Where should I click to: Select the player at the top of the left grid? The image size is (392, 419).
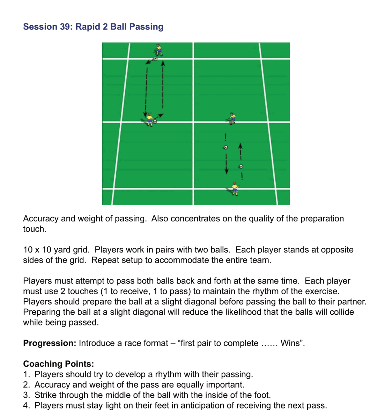pyautogui.click(x=159, y=50)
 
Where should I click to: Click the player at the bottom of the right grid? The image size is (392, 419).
pyautogui.click(x=235, y=189)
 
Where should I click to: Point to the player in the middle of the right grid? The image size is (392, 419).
pyautogui.click(x=232, y=118)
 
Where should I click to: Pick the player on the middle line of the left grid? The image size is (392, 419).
pyautogui.click(x=150, y=120)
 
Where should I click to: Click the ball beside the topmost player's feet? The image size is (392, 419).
pyautogui.click(x=155, y=59)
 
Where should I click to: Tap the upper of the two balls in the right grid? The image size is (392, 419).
pyautogui.click(x=225, y=147)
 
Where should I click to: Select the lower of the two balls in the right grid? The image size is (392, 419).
pyautogui.click(x=241, y=167)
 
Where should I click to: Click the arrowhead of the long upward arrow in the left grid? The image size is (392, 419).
pyautogui.click(x=163, y=63)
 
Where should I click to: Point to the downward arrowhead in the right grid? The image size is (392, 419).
pyautogui.click(x=227, y=171)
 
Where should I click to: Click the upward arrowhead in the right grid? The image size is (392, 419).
pyautogui.click(x=240, y=146)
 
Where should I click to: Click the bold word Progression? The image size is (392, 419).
pyautogui.click(x=50, y=343)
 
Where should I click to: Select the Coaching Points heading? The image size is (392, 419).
pyautogui.click(x=58, y=364)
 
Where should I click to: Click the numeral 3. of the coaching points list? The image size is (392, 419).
pyautogui.click(x=27, y=395)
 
